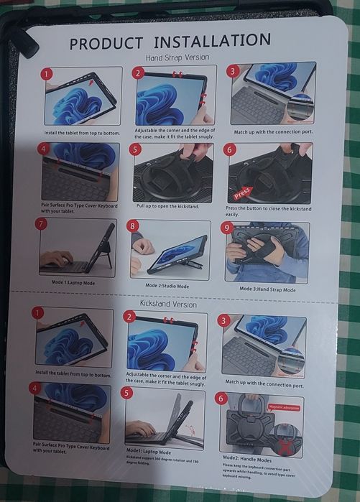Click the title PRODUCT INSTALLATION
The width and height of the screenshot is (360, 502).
(170, 41)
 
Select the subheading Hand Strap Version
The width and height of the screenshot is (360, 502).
(177, 57)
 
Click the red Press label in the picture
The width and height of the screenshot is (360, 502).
(242, 192)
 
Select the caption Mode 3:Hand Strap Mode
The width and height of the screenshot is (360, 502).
(267, 289)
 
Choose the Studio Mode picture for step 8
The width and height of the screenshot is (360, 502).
(170, 249)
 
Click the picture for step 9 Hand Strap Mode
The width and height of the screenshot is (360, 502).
(267, 253)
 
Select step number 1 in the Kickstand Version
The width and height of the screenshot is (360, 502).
(38, 313)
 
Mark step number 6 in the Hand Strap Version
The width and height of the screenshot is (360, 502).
(229, 149)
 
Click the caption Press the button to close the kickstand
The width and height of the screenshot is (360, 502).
(267, 210)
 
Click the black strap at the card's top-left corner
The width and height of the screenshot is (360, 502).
(27, 42)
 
